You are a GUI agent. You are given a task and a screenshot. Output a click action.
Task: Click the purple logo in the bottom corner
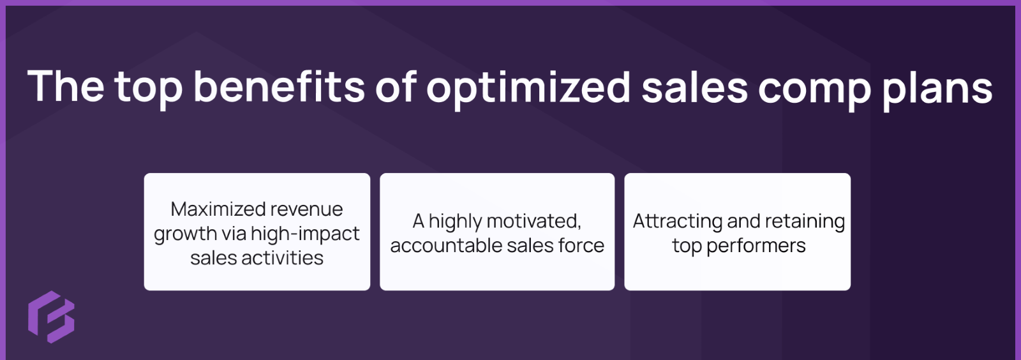(x=51, y=317)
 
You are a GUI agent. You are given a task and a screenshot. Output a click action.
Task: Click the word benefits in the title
(x=279, y=87)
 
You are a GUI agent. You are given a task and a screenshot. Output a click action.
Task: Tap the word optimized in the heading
(x=528, y=88)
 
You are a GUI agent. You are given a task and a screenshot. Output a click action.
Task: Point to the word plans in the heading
(x=937, y=88)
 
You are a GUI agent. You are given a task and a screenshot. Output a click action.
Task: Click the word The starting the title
(x=66, y=87)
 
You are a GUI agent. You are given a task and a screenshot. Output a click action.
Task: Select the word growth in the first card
(x=185, y=234)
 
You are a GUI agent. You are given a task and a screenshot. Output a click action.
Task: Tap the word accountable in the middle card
(x=437, y=246)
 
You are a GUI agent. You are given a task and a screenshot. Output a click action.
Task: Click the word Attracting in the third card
(x=678, y=221)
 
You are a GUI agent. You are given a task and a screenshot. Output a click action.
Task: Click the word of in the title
(x=396, y=87)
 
